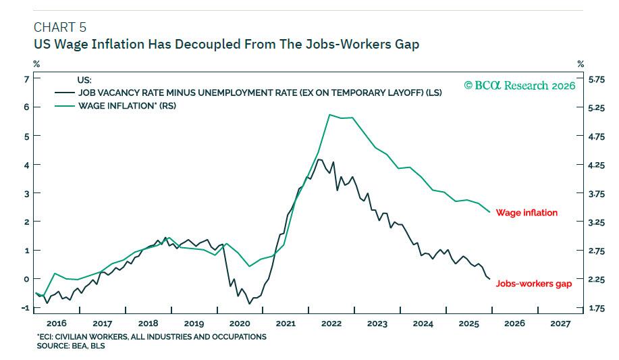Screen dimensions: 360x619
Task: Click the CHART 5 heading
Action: (59, 28)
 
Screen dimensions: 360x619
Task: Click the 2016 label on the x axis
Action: (56, 324)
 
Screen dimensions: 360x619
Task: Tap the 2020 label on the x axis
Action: (240, 324)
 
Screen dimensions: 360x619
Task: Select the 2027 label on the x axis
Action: (560, 324)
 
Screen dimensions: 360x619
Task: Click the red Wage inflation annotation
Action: (527, 213)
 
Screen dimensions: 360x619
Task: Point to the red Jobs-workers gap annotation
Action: (533, 284)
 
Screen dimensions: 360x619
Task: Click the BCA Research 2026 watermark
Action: (519, 86)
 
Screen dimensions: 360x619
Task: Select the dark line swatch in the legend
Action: (66, 93)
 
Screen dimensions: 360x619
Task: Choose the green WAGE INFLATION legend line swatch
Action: (66, 106)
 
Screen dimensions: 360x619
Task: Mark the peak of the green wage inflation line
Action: (329, 115)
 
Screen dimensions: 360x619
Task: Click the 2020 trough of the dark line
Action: (249, 303)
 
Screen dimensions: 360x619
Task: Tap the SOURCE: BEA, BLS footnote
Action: (71, 346)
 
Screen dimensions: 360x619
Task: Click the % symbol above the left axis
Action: (36, 64)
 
